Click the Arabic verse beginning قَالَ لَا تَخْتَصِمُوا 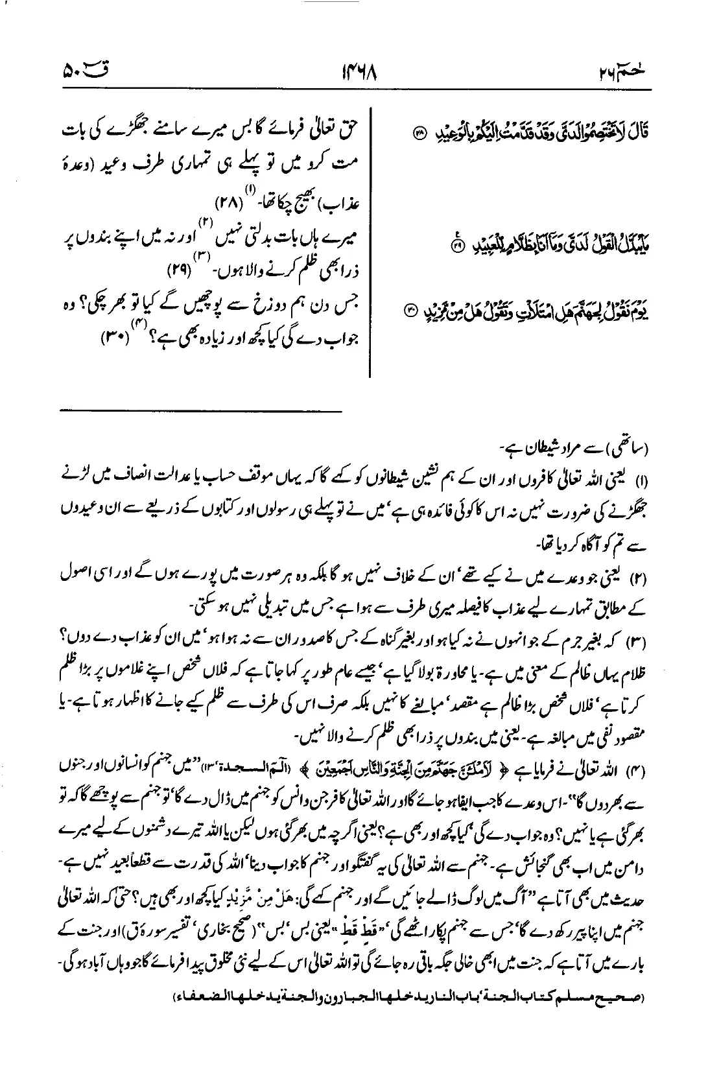tap(525, 135)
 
